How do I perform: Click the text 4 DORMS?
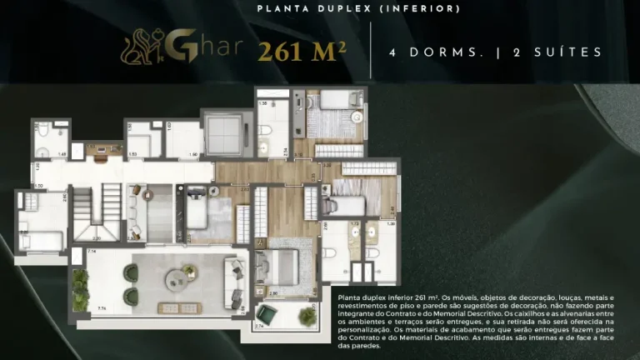[x=437, y=52]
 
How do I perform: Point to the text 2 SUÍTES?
[x=557, y=52]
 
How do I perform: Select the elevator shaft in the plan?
[x=220, y=132]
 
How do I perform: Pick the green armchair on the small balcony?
[x=267, y=315]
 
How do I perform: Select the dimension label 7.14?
[x=92, y=251]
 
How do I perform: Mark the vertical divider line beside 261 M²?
[x=372, y=52]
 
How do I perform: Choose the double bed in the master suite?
[x=279, y=265]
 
